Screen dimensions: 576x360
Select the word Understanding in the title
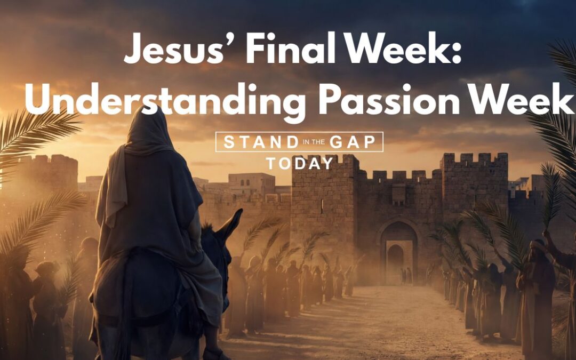click(x=165, y=100)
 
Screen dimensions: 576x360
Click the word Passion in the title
click(x=389, y=99)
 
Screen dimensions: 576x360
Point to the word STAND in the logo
click(x=261, y=142)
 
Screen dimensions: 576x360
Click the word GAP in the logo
click(x=353, y=142)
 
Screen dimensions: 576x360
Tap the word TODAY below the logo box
click(x=300, y=164)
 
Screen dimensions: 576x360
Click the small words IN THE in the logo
click(x=314, y=142)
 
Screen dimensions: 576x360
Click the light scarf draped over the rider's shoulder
click(x=115, y=183)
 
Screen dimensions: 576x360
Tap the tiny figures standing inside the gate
click(x=406, y=276)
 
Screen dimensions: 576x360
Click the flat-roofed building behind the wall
click(x=252, y=183)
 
